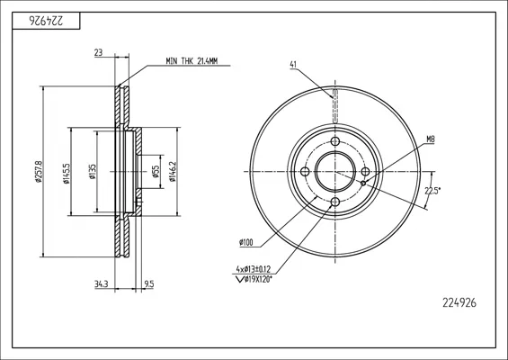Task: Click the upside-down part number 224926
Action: (x=47, y=21)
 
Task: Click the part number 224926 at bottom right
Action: (x=459, y=303)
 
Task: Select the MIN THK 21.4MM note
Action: (x=192, y=60)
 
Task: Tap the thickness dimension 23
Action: (x=99, y=52)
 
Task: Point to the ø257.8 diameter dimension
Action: (x=39, y=172)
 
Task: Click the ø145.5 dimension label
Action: (x=67, y=174)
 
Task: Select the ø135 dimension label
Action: (x=93, y=172)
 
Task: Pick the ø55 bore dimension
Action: (x=156, y=172)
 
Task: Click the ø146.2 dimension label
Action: (x=173, y=172)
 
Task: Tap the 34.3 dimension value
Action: (x=102, y=284)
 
